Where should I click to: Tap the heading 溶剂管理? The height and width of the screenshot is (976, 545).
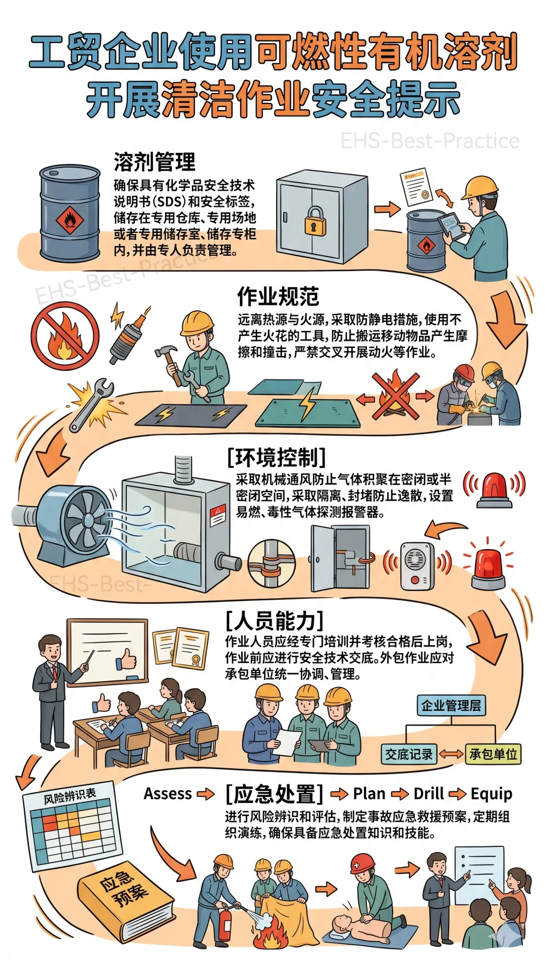(154, 162)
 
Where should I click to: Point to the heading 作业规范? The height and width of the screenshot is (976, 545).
(278, 297)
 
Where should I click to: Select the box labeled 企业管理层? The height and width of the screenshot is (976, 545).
(451, 705)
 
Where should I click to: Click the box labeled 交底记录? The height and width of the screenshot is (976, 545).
(409, 754)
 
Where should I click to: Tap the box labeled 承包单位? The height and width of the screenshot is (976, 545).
(493, 754)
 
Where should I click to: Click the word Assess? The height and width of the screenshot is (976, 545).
(168, 794)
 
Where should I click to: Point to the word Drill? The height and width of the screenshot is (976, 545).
(428, 794)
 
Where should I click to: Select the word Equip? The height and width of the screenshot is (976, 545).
(491, 794)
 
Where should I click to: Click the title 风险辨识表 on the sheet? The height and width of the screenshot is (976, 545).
(70, 796)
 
